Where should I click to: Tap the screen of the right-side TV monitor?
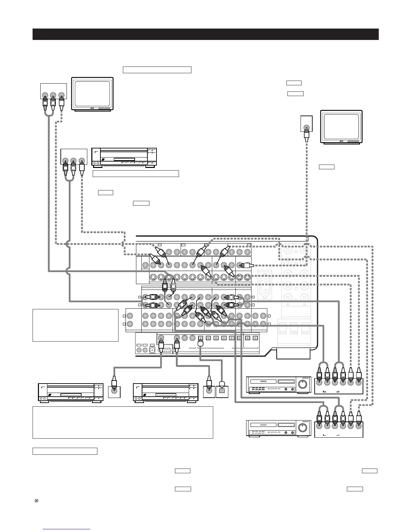(x=341, y=126)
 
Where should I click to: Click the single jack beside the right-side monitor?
(x=306, y=127)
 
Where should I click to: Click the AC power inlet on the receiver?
(x=266, y=286)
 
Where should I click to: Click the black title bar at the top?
(x=205, y=34)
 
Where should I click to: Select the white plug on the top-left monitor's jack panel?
(x=61, y=104)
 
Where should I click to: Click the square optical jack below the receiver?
(x=222, y=391)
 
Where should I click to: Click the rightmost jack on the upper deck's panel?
(x=359, y=383)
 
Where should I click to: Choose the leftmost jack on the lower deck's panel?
(x=319, y=427)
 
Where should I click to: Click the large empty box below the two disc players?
(x=123, y=422)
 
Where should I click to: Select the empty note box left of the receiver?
(x=76, y=325)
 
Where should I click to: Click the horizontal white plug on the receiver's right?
(x=246, y=265)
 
